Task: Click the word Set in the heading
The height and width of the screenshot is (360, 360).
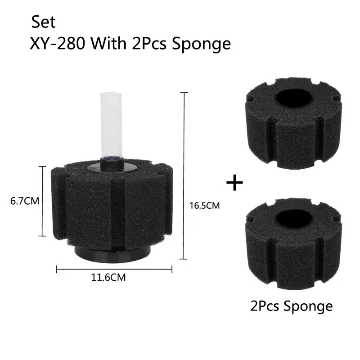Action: [43, 22]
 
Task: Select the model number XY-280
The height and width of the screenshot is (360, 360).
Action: [58, 43]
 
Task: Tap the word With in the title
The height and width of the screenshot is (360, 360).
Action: [108, 43]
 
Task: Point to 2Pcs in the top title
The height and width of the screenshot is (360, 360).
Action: [149, 43]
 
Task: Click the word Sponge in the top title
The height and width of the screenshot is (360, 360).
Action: [201, 45]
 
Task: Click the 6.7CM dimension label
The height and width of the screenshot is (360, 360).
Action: [25, 201]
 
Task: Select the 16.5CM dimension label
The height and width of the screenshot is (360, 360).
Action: [204, 205]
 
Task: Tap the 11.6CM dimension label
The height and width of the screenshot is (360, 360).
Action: [108, 277]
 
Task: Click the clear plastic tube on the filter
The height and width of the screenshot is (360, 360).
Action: [111, 125]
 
